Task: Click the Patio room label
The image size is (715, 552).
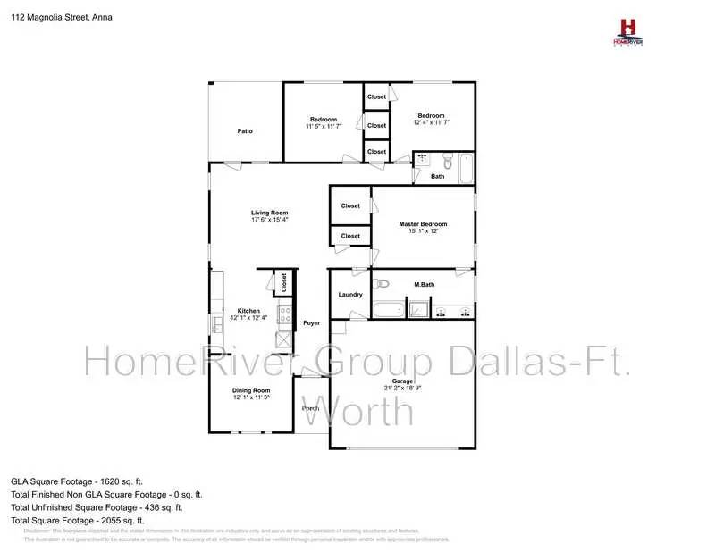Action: tap(245, 131)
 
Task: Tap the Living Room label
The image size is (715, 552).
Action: tap(269, 213)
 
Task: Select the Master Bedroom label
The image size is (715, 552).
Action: tap(423, 224)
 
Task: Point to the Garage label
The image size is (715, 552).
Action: tap(402, 381)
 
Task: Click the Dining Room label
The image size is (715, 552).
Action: tap(251, 390)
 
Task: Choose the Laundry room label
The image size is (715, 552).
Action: tap(349, 295)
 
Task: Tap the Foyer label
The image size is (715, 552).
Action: tap(311, 322)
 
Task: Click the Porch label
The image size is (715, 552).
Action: tap(310, 408)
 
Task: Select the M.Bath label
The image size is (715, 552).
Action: tap(424, 285)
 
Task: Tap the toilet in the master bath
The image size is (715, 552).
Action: tap(383, 284)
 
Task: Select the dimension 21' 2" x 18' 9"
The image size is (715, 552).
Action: tap(402, 388)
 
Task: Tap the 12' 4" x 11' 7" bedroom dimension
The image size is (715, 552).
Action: tap(431, 122)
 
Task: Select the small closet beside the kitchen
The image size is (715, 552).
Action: tap(284, 283)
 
